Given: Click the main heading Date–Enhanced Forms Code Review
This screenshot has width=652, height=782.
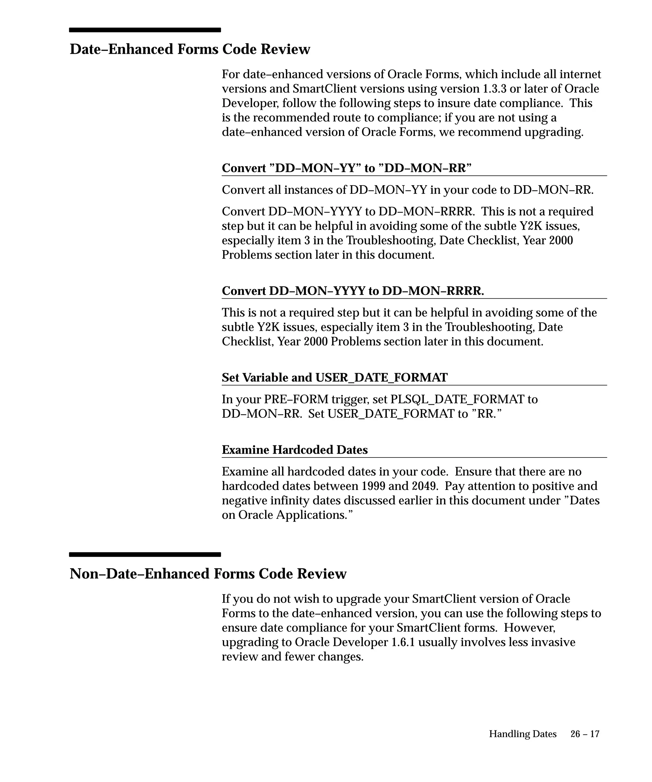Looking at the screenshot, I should click(x=190, y=49).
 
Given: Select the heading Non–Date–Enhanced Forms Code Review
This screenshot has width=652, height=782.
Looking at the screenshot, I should click(x=208, y=574).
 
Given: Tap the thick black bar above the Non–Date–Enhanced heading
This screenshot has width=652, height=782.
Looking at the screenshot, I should click(x=145, y=555).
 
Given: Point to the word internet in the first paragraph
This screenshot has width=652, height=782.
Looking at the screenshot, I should click(x=580, y=74).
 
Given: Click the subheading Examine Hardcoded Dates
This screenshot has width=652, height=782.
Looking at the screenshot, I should click(x=294, y=450).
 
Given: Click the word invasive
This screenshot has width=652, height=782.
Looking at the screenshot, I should click(x=553, y=642).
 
